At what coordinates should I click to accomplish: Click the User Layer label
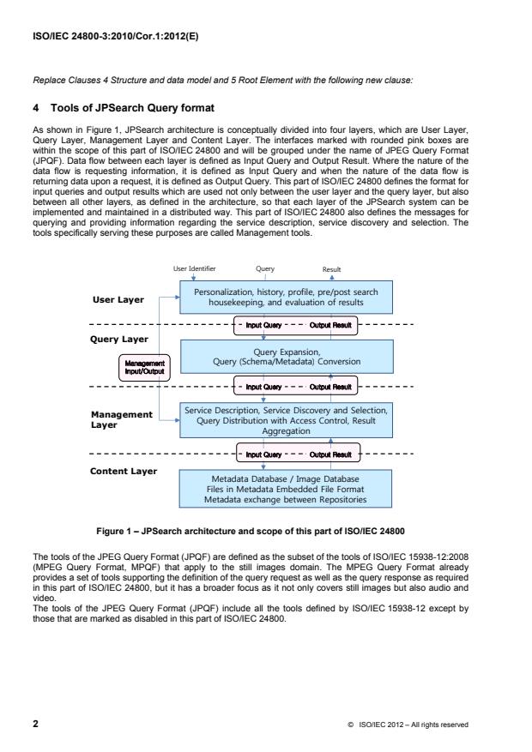click(118, 300)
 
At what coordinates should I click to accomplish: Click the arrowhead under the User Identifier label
click(194, 278)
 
